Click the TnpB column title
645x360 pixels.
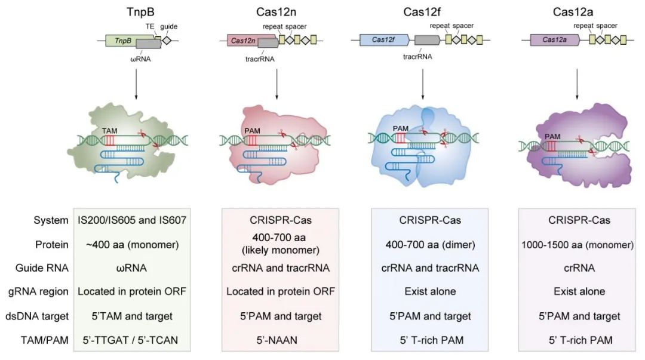click(133, 13)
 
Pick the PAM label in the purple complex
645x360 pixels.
click(553, 136)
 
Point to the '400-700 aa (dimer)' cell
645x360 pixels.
click(430, 244)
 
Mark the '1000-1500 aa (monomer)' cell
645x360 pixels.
click(579, 244)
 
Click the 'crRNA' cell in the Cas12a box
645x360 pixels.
click(579, 268)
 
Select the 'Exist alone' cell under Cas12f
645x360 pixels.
click(430, 292)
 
